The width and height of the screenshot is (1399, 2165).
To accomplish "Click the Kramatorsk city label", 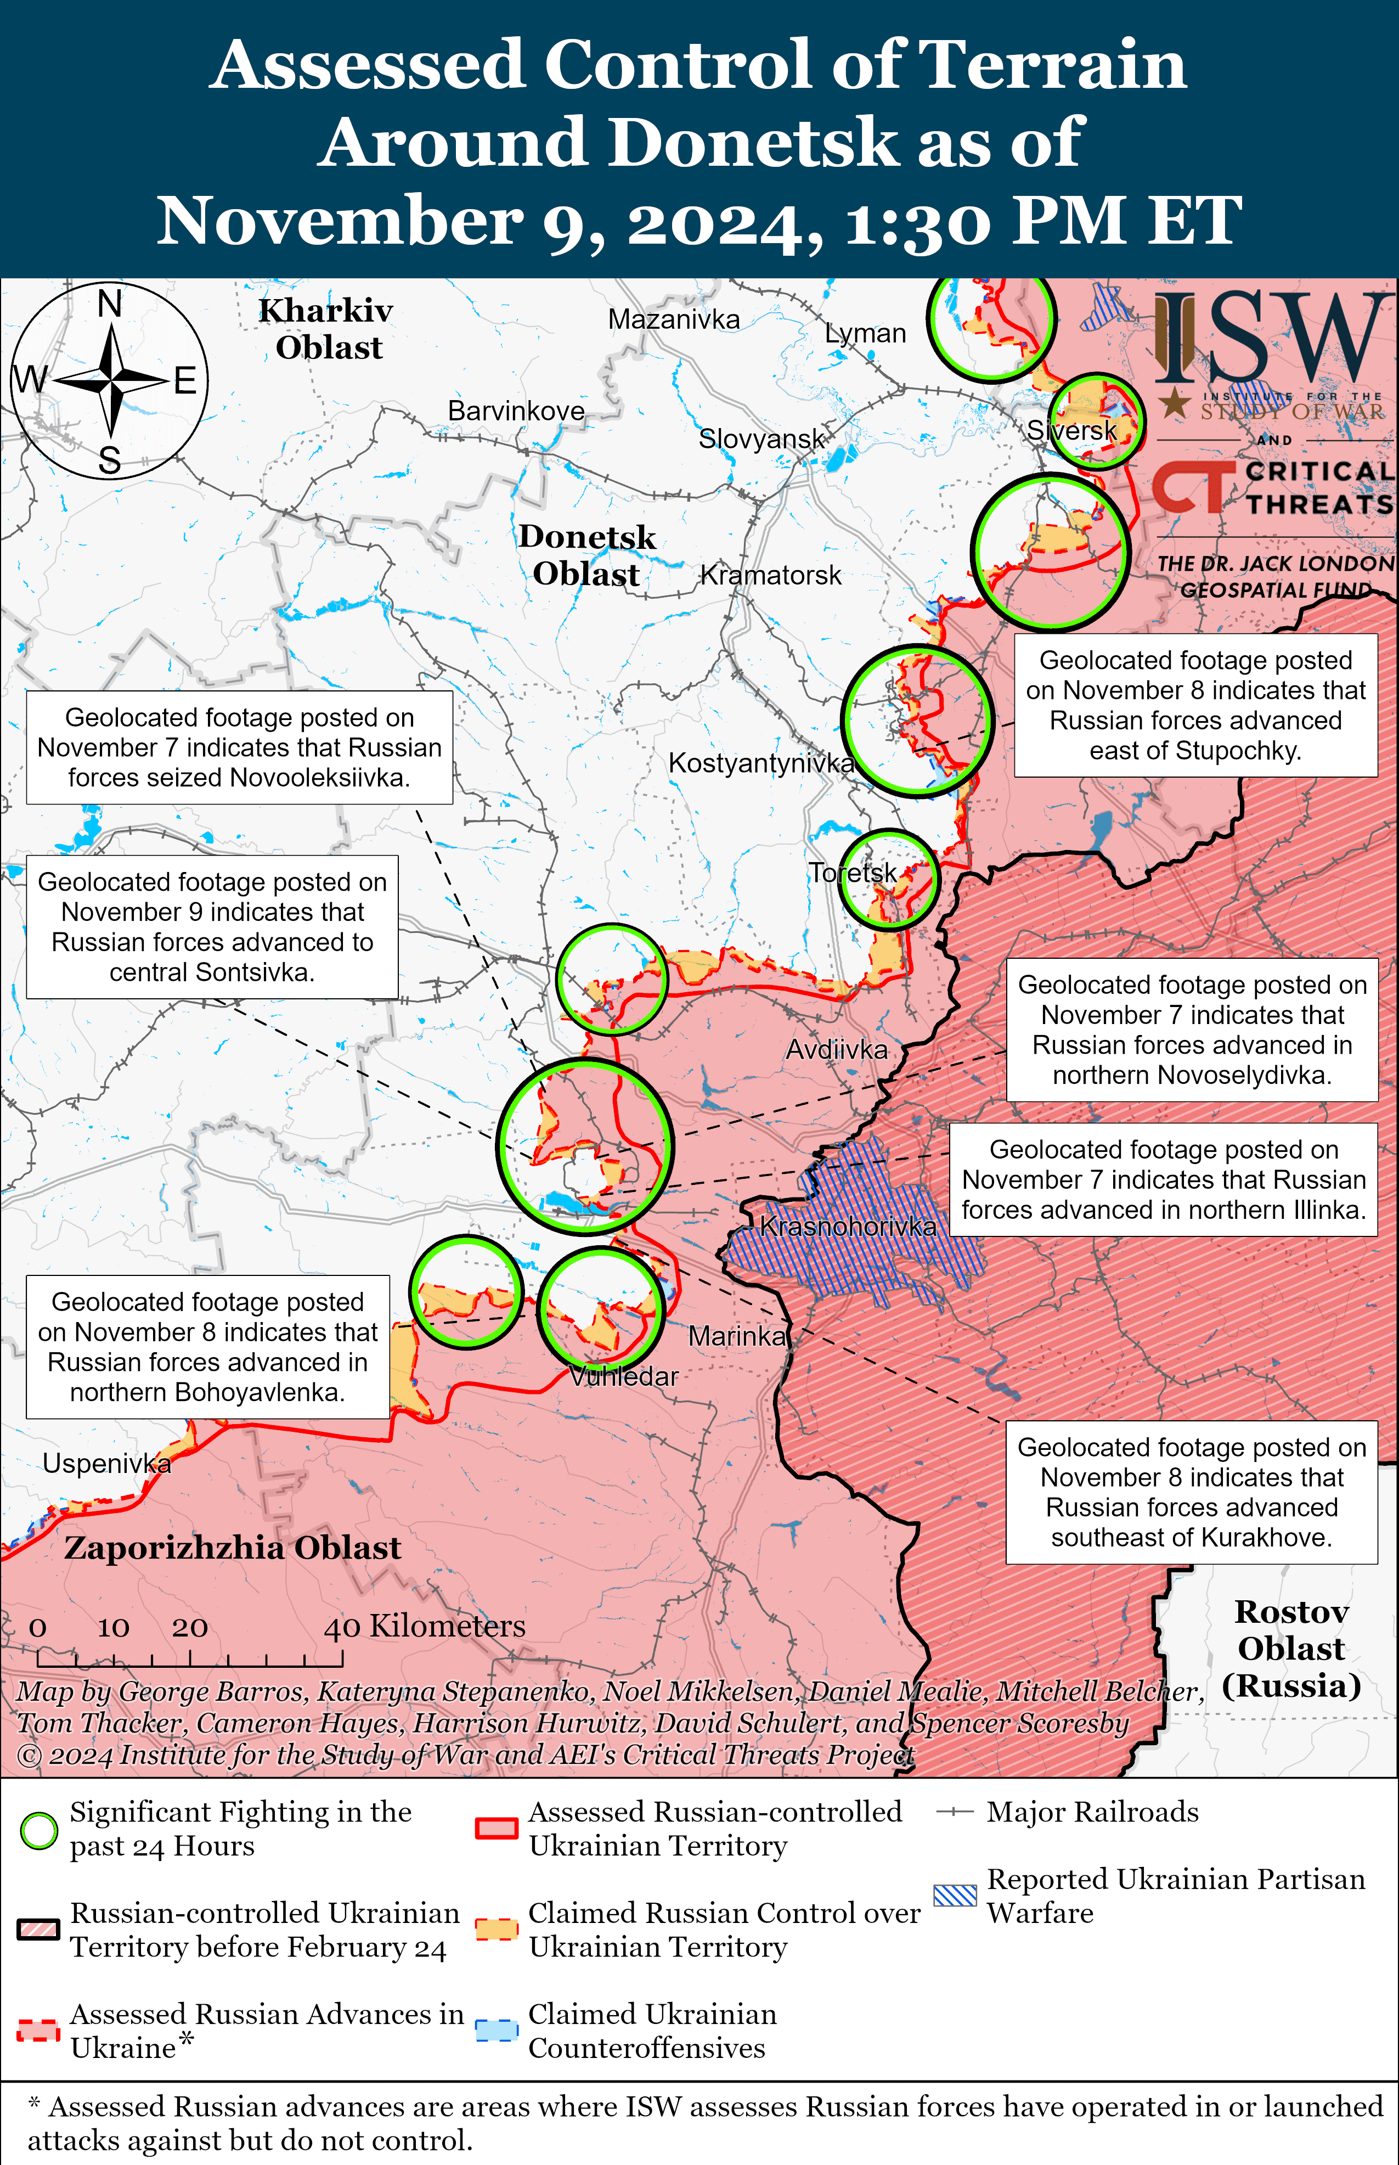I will pyautogui.click(x=770, y=575).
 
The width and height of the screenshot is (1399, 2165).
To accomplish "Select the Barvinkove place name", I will pyautogui.click(x=516, y=410).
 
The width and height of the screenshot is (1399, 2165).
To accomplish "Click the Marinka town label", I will pyautogui.click(x=737, y=1336).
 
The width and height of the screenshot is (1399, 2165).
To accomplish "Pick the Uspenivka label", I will pyautogui.click(x=106, y=1464).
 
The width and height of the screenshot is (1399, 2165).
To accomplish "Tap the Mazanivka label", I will pyautogui.click(x=673, y=320).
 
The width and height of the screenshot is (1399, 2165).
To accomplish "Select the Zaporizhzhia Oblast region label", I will pyautogui.click(x=233, y=1548).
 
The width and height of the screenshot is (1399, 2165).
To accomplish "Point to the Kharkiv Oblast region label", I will pyautogui.click(x=327, y=329).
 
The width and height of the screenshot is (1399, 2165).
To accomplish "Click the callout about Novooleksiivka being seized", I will pyautogui.click(x=239, y=747).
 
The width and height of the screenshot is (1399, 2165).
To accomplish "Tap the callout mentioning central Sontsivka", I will pyautogui.click(x=212, y=927).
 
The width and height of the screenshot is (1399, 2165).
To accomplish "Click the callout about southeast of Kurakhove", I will pyautogui.click(x=1191, y=1492).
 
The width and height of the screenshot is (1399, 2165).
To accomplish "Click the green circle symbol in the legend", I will pyautogui.click(x=39, y=1831).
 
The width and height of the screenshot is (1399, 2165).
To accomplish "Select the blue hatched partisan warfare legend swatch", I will pyautogui.click(x=955, y=1895).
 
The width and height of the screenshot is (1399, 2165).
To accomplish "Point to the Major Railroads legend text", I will pyautogui.click(x=1092, y=1813).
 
